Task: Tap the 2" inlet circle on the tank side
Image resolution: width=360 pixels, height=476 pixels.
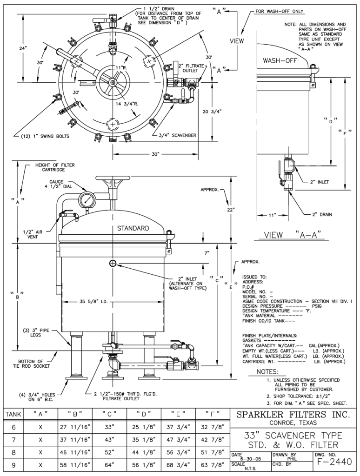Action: pos(113,263)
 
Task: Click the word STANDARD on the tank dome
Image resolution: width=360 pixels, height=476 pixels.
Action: pos(133,228)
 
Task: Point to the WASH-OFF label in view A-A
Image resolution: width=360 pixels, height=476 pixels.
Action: pos(280,60)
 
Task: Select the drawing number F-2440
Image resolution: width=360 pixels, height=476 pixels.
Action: pos(334,462)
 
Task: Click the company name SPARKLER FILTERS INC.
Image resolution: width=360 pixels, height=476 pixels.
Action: pos(293,414)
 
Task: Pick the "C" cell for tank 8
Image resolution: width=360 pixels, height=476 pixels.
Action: pos(109,452)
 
